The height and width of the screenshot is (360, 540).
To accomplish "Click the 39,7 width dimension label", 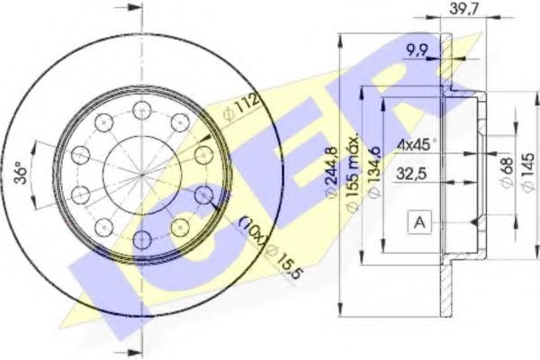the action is point(463,9).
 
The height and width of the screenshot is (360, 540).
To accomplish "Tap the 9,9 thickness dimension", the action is point(417,51).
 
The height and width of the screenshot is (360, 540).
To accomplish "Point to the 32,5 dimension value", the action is point(411,174).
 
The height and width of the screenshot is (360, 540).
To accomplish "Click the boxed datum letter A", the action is point(419,222).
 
